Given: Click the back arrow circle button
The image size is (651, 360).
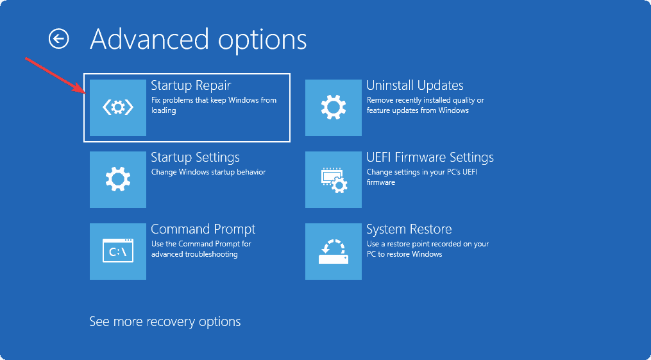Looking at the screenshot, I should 58,39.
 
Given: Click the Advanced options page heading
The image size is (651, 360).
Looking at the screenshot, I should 198,39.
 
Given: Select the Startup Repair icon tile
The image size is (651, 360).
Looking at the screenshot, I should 118,108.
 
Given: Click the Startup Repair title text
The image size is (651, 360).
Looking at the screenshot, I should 190,85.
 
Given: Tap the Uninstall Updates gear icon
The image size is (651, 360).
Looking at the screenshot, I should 334,108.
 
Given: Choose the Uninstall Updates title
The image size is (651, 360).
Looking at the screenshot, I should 414,85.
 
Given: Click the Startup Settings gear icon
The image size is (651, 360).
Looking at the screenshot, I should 118,180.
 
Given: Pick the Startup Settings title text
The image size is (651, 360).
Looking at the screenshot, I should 195,157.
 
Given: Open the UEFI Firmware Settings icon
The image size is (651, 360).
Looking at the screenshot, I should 334,180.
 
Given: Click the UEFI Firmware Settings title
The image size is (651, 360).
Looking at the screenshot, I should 430,157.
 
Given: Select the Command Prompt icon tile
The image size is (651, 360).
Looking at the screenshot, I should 118,252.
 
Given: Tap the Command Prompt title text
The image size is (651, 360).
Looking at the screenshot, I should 203,229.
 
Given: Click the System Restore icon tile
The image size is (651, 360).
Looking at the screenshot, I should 334,252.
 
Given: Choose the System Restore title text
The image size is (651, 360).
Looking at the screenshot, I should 409,229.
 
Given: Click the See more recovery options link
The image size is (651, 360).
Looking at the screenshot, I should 165,321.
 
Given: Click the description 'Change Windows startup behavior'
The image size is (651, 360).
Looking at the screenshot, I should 208,172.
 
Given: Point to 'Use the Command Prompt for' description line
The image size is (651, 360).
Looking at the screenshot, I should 201,244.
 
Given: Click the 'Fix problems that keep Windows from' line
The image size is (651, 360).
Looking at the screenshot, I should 214,100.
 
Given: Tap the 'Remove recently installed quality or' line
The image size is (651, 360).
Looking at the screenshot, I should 425,100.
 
